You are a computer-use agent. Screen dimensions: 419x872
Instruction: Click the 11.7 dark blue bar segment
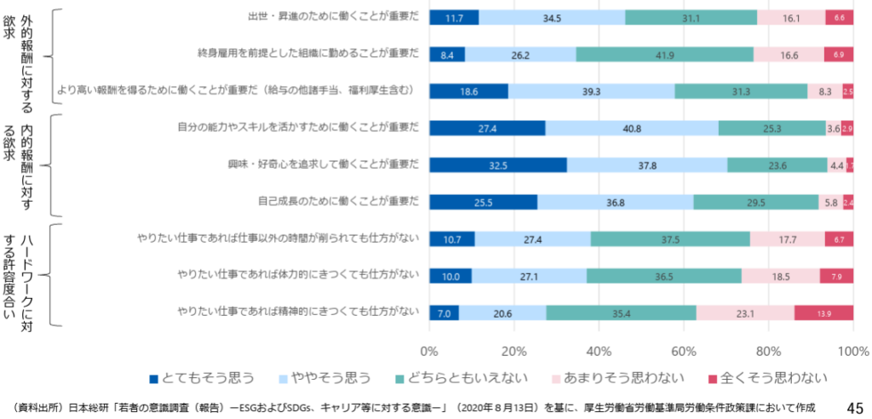click(x=454, y=17)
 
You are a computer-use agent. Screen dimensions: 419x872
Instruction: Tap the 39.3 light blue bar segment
click(x=591, y=91)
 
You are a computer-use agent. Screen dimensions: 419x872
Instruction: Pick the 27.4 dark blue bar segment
click(x=487, y=129)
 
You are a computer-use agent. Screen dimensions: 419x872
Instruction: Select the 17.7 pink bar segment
click(x=787, y=239)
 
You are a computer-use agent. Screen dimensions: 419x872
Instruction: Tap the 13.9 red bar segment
click(x=823, y=313)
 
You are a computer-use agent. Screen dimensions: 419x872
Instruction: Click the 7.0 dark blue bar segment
click(x=444, y=313)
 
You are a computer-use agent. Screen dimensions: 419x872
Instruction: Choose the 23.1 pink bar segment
click(x=745, y=313)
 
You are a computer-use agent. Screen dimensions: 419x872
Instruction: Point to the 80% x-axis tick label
click(x=768, y=350)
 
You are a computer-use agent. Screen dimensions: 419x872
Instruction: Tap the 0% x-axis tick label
click(x=429, y=350)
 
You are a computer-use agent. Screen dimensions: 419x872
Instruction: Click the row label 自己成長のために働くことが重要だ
click(x=339, y=202)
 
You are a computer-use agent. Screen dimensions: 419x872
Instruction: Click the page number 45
click(x=855, y=407)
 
